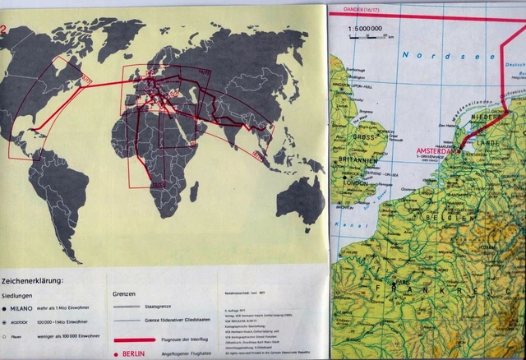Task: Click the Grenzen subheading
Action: (123, 293)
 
